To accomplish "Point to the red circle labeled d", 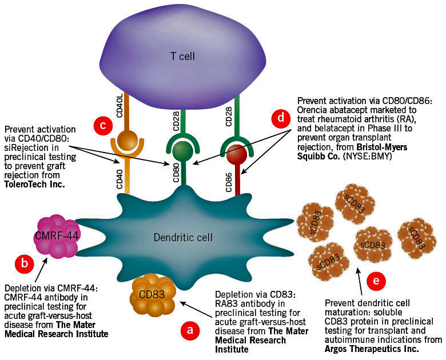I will coord(280,118).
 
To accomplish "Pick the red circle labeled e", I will coord(375,281).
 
